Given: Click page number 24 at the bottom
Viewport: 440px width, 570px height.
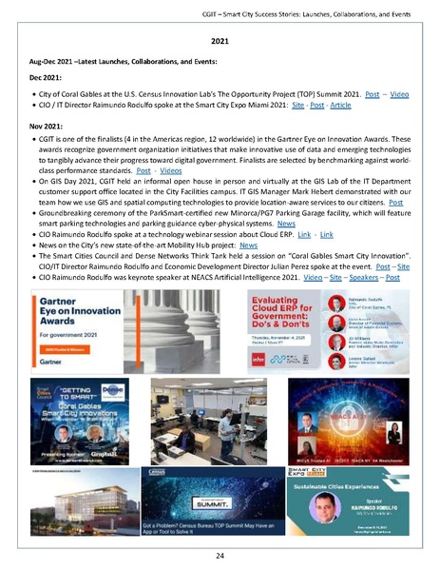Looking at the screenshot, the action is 220,554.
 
